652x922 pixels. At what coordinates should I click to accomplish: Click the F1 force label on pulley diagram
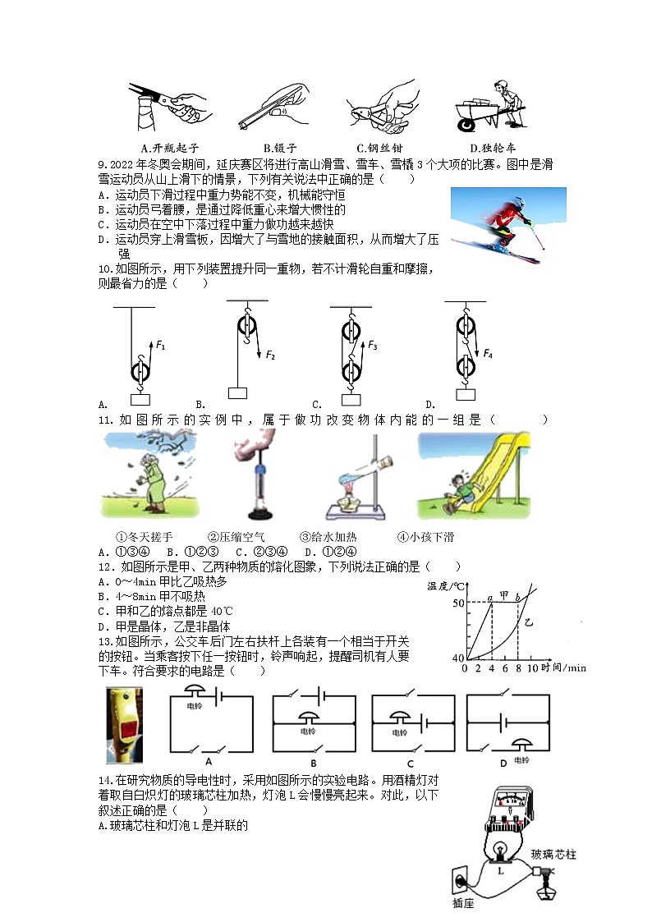(161, 346)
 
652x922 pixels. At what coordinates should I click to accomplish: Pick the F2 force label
(270, 355)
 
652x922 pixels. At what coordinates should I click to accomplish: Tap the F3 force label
(373, 346)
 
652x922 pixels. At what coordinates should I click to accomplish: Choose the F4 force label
(488, 354)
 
